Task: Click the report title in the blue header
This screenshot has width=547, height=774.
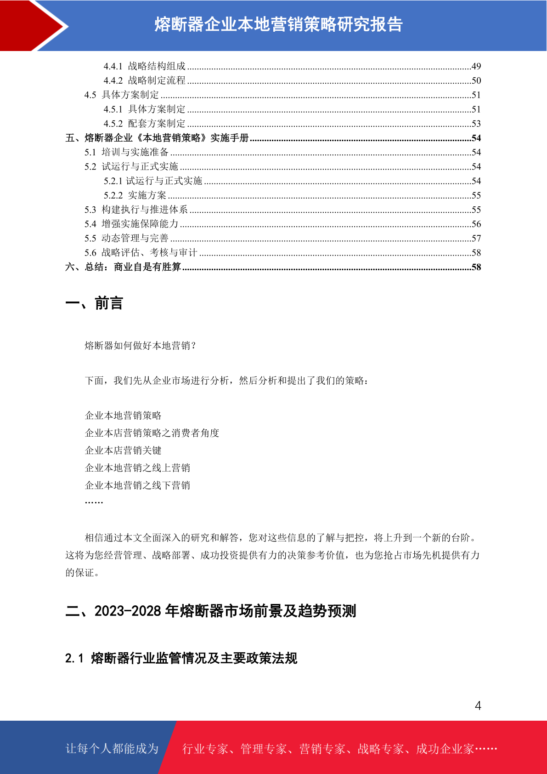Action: click(278, 24)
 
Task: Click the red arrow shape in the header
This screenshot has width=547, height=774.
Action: click(32, 25)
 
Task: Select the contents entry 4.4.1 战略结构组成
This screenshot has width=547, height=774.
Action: click(145, 66)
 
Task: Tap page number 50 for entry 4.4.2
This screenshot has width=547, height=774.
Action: click(476, 80)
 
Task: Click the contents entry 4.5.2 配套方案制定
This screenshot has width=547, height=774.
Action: click(145, 124)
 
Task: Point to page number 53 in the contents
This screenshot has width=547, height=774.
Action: click(476, 124)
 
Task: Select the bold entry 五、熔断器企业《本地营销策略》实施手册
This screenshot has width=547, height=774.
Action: click(157, 138)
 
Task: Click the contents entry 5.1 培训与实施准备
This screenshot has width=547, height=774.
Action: click(126, 152)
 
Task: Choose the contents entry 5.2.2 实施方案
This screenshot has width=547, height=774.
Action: click(135, 195)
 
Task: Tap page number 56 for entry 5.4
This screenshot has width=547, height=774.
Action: click(476, 224)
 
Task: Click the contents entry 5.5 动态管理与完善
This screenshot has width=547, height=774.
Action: click(126, 238)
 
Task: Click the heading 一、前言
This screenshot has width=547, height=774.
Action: click(94, 303)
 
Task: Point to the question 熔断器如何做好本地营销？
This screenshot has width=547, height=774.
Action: click(141, 346)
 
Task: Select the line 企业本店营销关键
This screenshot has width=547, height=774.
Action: click(123, 450)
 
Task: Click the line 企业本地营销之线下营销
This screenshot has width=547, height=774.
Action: click(137, 485)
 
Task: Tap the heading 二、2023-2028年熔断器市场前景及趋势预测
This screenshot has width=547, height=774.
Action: click(211, 611)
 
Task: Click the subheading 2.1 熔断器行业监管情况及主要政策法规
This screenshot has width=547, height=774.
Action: click(181, 658)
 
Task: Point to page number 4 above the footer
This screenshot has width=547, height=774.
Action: click(478, 706)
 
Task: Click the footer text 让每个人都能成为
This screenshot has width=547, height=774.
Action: click(112, 749)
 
